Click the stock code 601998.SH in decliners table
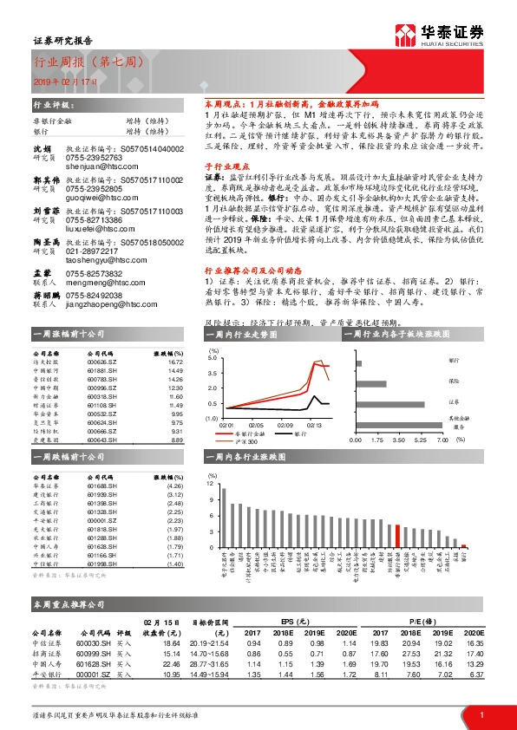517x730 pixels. (102, 564)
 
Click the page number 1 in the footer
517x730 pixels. (481, 715)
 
